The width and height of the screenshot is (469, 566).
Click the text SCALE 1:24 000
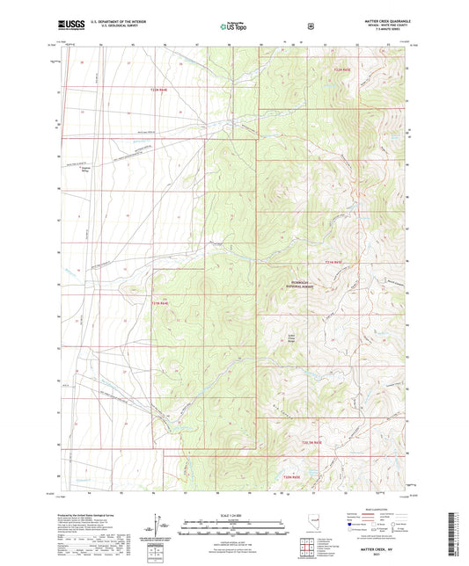pos(233,514)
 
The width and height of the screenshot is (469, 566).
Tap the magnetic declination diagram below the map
pos(157,526)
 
